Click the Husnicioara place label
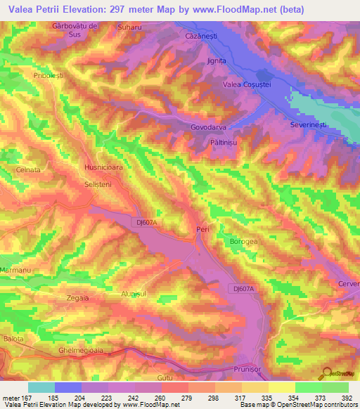click(x=104, y=169)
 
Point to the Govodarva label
click(x=209, y=128)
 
